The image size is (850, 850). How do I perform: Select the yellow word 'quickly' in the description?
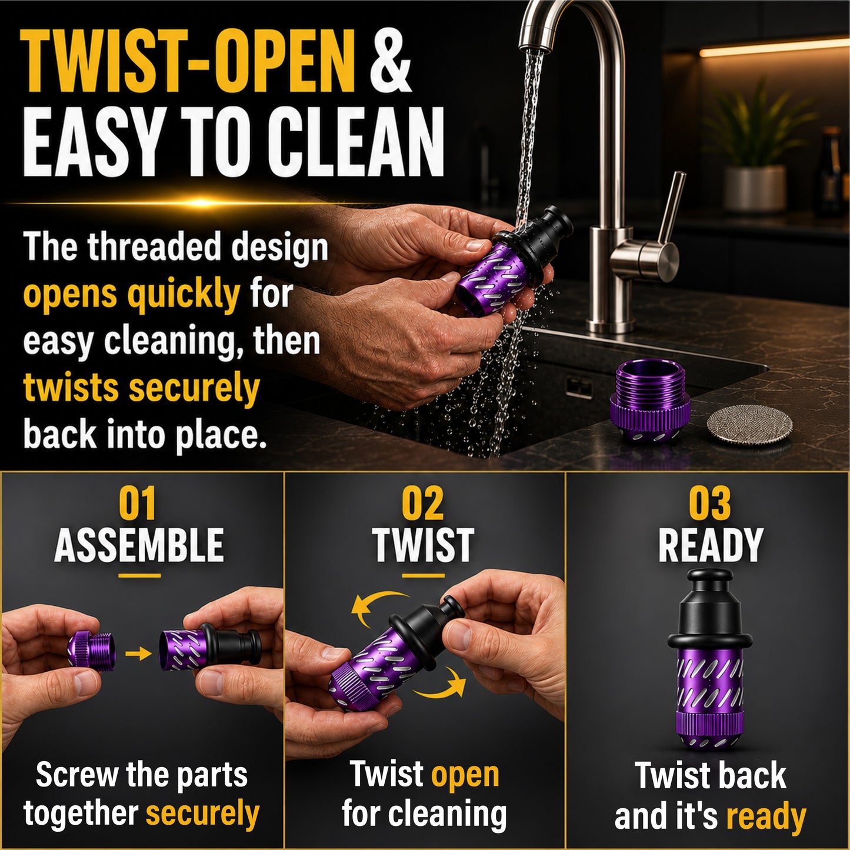[x=183, y=295]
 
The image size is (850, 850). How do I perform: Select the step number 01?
[x=138, y=504]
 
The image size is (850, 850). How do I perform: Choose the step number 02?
[x=424, y=504]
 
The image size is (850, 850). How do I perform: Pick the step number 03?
[x=710, y=504]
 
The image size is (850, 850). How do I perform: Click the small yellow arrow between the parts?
[x=138, y=654]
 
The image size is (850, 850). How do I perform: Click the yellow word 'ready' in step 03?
[x=766, y=818]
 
